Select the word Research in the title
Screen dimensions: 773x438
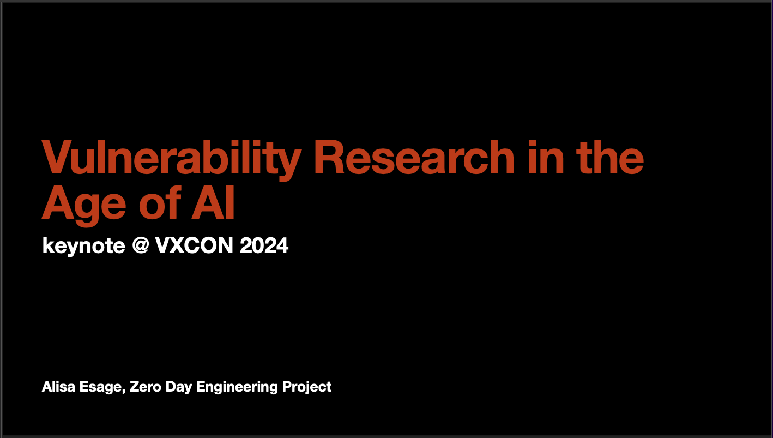point(414,157)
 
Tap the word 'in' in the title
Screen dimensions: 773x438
point(546,157)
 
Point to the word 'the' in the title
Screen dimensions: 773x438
point(610,157)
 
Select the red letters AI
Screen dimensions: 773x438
point(213,203)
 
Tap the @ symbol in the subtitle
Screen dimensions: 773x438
point(141,245)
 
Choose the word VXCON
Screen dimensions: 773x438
point(194,245)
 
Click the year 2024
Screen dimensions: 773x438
point(264,245)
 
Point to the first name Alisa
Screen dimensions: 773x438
point(58,387)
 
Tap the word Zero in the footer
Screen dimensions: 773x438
point(146,387)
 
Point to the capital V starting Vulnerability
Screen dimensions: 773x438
point(57,157)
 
